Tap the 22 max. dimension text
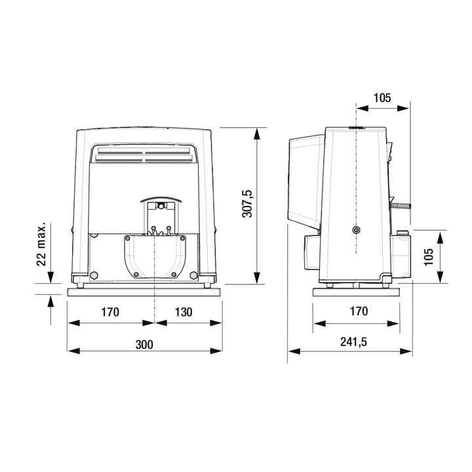(41, 245)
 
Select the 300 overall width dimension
(145, 344)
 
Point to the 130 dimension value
(184, 312)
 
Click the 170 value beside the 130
(110, 312)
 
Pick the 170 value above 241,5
(359, 312)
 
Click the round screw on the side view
(356, 230)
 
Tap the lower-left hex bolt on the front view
(94, 275)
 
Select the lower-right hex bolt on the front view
(193, 275)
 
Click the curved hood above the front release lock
(159, 199)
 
